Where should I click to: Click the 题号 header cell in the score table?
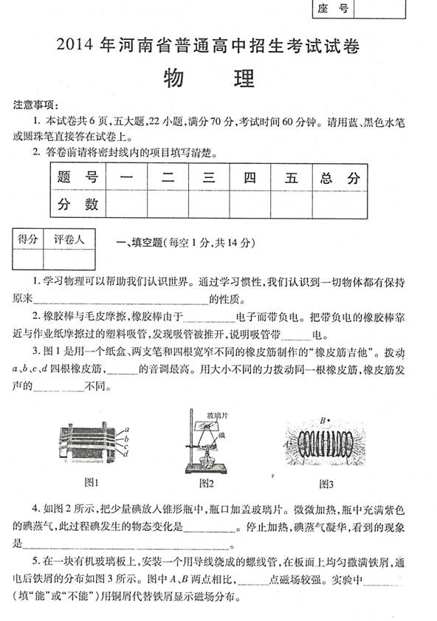(78, 178)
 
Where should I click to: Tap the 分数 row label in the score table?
(78, 203)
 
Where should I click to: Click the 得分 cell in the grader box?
(27, 239)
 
